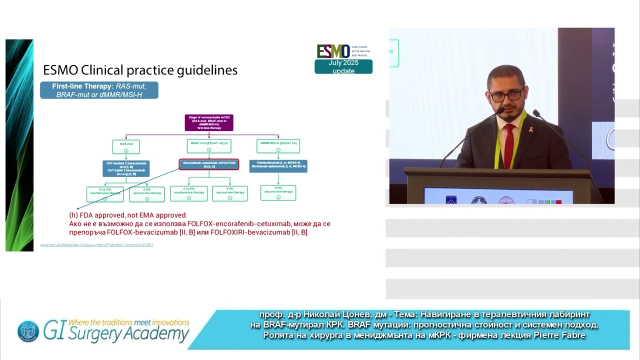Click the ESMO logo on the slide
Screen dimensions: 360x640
333,51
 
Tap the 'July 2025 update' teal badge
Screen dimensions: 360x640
343,67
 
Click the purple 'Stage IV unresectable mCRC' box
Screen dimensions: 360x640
209,123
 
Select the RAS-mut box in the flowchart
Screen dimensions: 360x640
126,146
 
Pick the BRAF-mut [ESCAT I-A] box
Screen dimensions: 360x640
209,146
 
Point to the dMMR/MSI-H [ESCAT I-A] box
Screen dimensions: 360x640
278,146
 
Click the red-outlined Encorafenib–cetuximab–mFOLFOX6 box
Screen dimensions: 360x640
209,164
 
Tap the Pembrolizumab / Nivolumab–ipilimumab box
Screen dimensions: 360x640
278,166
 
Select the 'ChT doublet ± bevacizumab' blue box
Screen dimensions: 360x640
126,168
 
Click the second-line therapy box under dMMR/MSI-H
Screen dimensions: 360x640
278,193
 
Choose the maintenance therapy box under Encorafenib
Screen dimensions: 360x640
188,193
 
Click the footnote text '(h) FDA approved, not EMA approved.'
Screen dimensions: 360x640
128,215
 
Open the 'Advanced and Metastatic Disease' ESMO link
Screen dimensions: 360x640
96,245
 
